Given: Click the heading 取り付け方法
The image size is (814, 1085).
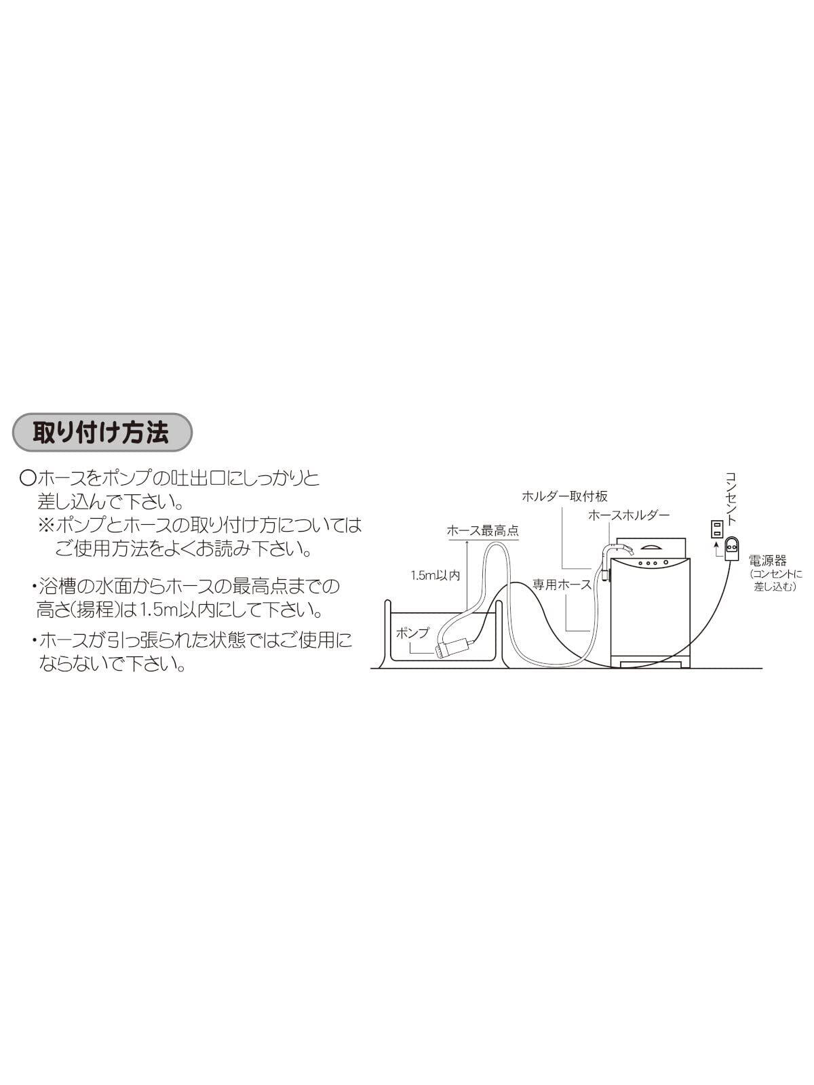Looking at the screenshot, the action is pyautogui.click(x=102, y=432).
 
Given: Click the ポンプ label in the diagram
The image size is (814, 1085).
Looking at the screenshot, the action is pyautogui.click(x=412, y=632).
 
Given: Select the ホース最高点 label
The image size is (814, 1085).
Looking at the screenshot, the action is pyautogui.click(x=482, y=531).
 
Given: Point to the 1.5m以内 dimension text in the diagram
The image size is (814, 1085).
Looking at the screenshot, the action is pyautogui.click(x=435, y=575).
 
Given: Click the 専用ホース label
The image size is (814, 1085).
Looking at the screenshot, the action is pyautogui.click(x=562, y=584).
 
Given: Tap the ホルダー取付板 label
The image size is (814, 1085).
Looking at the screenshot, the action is pyautogui.click(x=564, y=496).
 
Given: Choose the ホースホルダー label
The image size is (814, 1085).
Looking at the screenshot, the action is pyautogui.click(x=629, y=515).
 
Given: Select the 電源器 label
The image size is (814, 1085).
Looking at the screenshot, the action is pyautogui.click(x=767, y=560).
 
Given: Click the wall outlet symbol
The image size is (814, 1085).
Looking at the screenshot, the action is pyautogui.click(x=716, y=528).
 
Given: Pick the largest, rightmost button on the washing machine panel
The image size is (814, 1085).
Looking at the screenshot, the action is pyautogui.click(x=666, y=563).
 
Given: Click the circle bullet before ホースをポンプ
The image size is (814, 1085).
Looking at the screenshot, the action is pyautogui.click(x=28, y=479).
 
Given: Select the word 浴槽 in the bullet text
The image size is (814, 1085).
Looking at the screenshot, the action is pyautogui.click(x=56, y=585).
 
